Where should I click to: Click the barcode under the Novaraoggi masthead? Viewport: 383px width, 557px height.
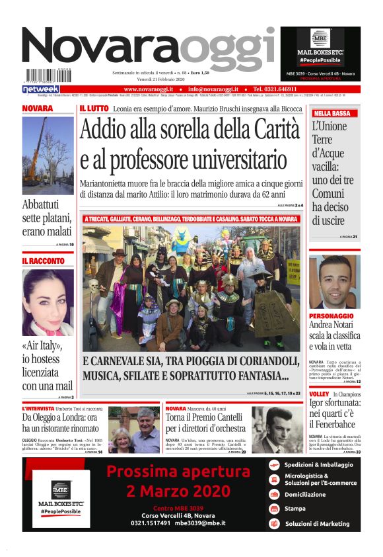point(49,76)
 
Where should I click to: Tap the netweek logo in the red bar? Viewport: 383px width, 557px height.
point(41,89)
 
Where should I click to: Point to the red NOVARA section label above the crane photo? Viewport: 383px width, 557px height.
point(38,108)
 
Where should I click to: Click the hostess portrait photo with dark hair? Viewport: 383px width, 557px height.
point(48,302)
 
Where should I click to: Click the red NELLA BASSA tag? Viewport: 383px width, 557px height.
point(332,113)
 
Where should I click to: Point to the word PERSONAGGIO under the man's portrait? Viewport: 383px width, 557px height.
point(331,316)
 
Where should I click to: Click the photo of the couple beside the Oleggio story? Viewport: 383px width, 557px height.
point(134,430)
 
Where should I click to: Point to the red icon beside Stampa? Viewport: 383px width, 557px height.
point(274,509)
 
